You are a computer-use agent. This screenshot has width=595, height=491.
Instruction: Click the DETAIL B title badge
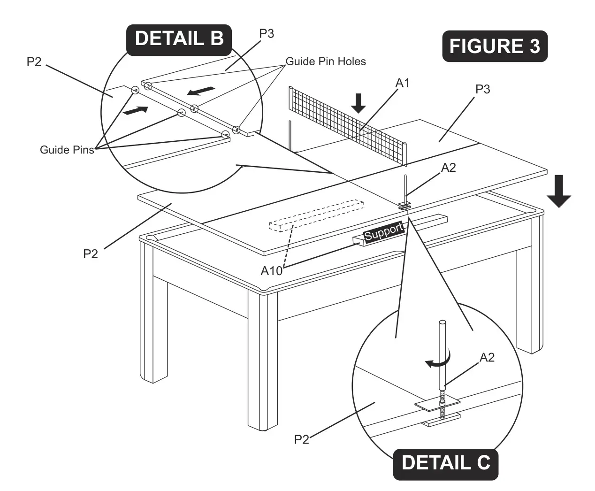tap(179, 39)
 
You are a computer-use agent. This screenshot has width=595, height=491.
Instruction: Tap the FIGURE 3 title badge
tap(495, 46)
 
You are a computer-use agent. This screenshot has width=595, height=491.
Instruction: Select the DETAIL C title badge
tap(445, 463)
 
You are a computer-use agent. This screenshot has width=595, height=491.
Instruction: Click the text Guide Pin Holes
tap(326, 61)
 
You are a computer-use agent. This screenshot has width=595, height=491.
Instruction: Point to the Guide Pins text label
tap(67, 150)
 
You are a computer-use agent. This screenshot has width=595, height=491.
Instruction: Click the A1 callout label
tap(403, 83)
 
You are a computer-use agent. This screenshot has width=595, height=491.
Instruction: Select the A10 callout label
tap(272, 271)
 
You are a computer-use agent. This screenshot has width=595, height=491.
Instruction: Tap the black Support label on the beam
tap(384, 231)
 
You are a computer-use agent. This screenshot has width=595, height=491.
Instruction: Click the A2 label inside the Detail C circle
tap(487, 358)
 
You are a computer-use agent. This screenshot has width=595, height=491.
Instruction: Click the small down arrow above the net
tap(359, 103)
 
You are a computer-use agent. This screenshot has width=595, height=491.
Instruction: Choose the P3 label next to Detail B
tap(267, 34)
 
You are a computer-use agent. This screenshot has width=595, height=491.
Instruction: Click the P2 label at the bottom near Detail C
tap(301, 439)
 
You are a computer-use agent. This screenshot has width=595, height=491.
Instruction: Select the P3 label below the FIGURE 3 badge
tap(482, 89)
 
